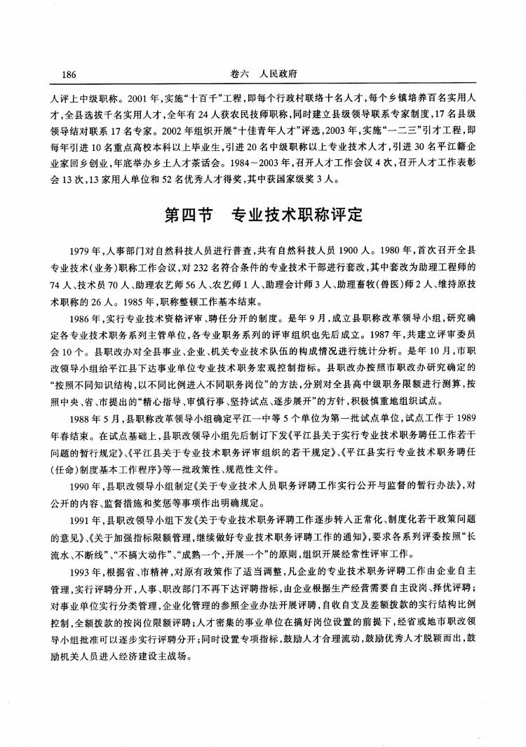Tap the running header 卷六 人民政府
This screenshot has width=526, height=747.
tap(263, 74)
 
